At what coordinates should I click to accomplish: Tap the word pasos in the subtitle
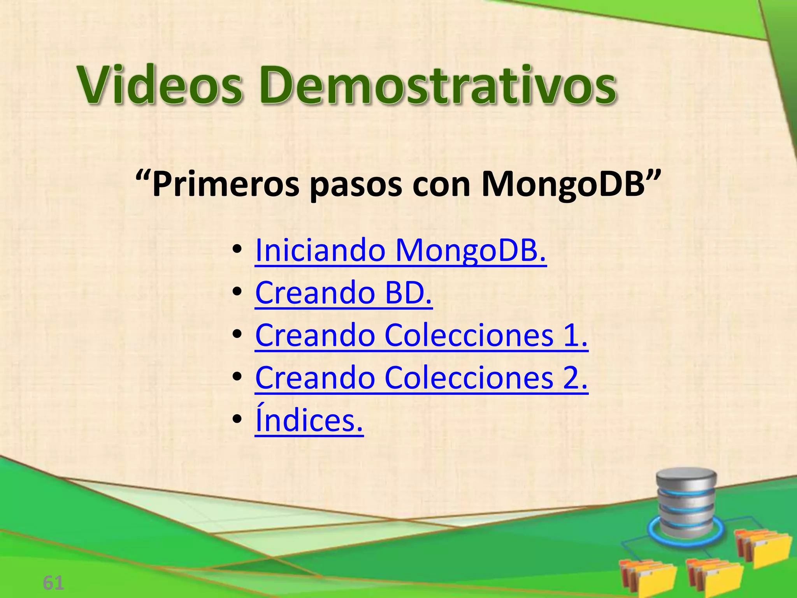coord(356,185)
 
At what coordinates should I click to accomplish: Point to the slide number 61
coord(53,583)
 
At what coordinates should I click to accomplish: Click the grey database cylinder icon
coord(686,504)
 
